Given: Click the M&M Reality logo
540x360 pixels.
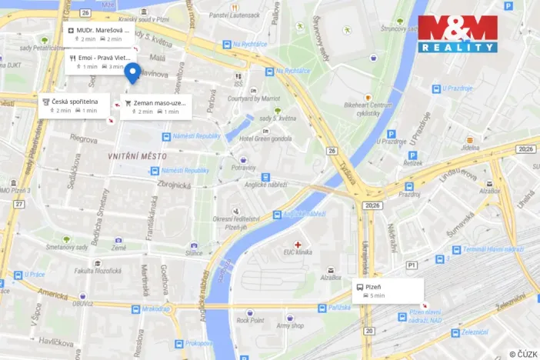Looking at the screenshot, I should click(457, 34).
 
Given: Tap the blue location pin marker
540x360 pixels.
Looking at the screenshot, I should click(132, 73).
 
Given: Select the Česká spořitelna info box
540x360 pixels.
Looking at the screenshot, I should click(75, 105).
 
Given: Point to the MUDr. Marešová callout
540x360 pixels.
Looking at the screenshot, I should click(99, 34).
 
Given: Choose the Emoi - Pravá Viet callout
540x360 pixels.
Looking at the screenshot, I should click(99, 62).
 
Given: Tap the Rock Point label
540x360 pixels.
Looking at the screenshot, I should click(250, 320).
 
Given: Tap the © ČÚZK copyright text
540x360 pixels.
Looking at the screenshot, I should click(522, 353).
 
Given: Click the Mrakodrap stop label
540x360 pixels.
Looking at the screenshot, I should click(155, 309).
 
